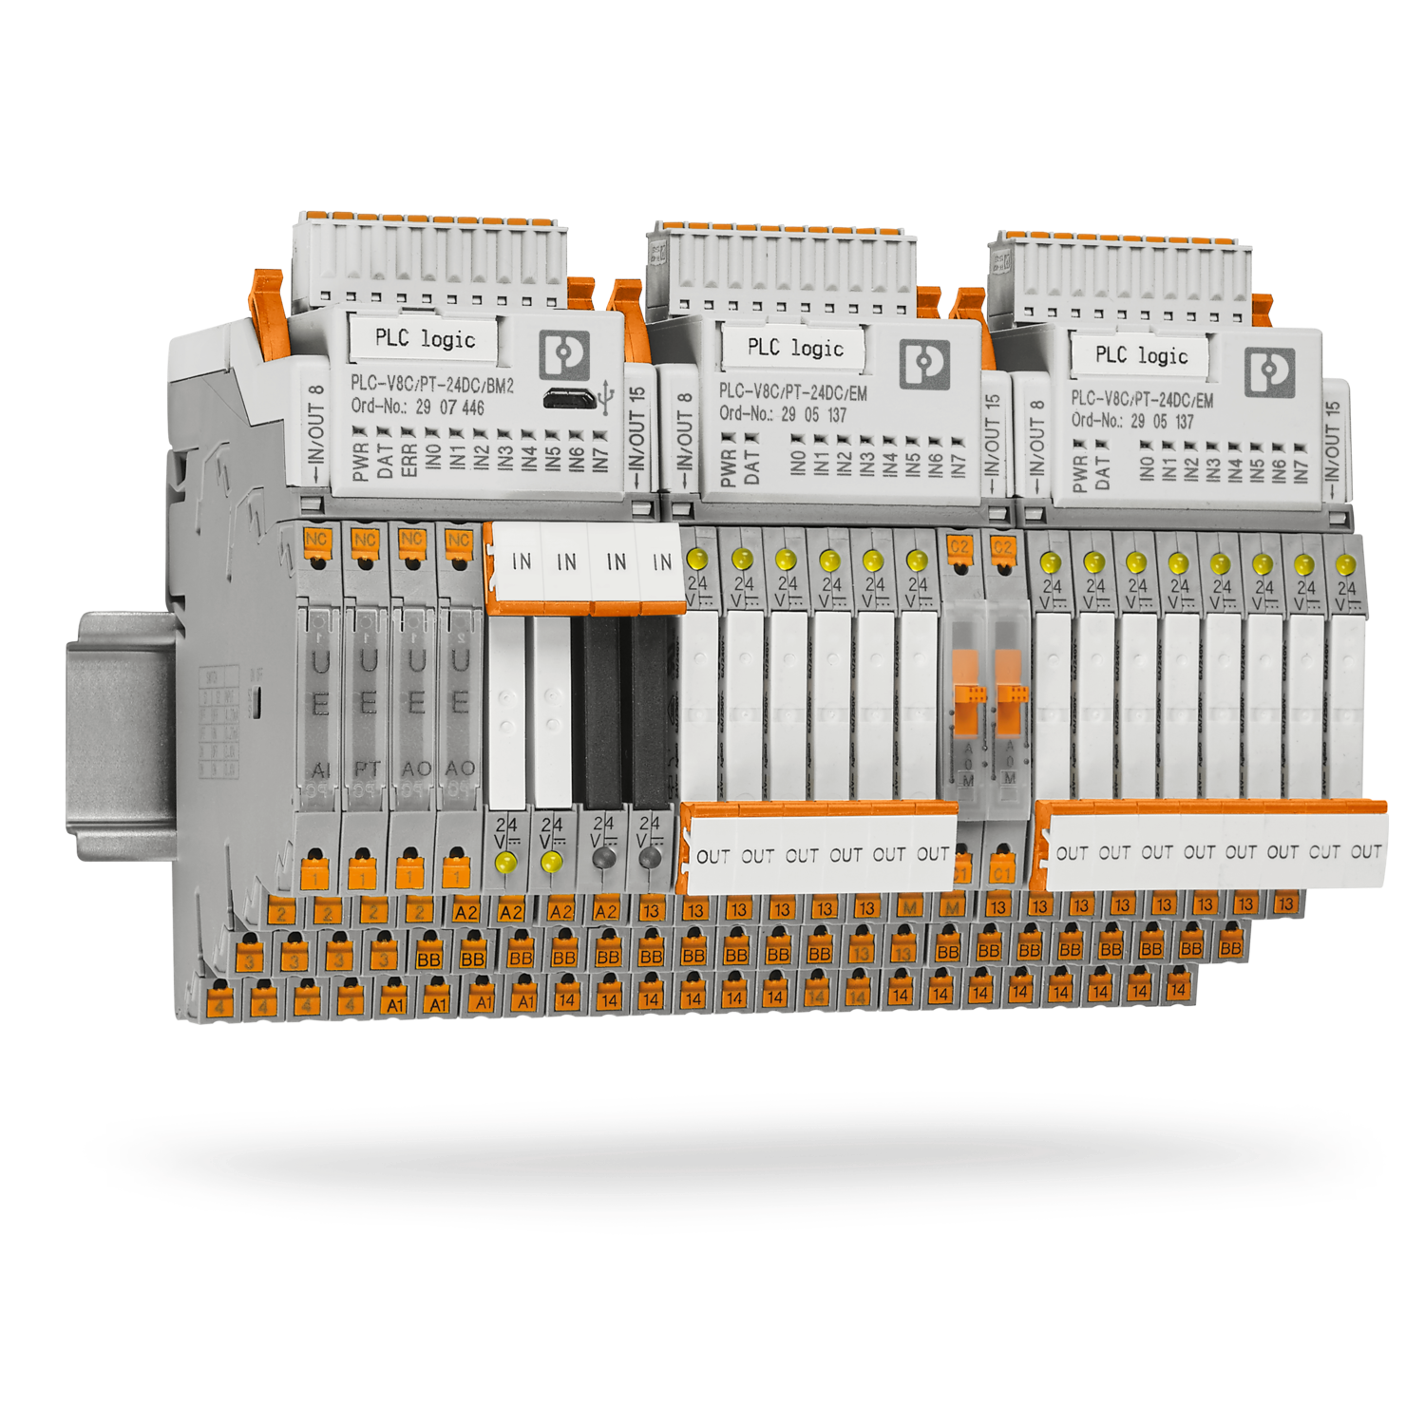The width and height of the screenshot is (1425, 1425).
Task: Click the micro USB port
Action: point(569,399)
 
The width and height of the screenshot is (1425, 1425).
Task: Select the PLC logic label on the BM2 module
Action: point(424,338)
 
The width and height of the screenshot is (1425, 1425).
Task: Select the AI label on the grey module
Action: point(321,769)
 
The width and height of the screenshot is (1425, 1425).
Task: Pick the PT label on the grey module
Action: point(368,768)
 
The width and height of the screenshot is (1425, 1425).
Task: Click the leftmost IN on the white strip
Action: point(522,562)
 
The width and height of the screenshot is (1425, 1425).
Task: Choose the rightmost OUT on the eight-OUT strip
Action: point(1365,852)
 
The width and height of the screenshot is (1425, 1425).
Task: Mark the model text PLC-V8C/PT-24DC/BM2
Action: point(432,385)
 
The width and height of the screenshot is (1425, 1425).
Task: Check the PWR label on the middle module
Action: point(729,467)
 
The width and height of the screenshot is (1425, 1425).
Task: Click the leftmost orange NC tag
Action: point(316,540)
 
